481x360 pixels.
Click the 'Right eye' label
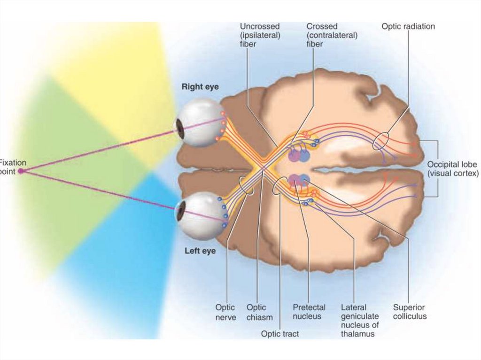200,87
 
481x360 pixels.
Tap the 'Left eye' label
200,251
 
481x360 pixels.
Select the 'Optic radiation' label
408,27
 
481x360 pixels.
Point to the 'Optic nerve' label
225,312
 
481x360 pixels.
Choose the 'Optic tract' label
280,334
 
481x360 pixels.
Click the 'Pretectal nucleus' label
309,312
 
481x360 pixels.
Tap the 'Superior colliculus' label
410,312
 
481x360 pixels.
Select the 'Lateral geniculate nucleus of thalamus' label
360,321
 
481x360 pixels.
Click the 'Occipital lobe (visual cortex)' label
452,169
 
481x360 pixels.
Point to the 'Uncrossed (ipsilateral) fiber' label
260,35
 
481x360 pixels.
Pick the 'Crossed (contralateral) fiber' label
332,35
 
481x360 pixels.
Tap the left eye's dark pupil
180,212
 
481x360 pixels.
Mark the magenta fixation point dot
20,171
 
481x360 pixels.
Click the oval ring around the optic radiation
381,141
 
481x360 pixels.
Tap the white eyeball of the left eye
202,217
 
